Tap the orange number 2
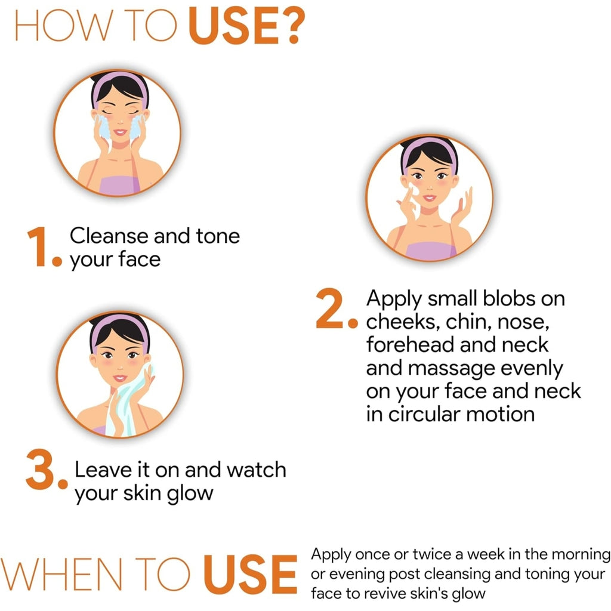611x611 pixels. pyautogui.click(x=329, y=308)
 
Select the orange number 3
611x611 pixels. pyautogui.click(x=41, y=469)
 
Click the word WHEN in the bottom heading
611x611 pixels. pyautogui.click(x=61, y=575)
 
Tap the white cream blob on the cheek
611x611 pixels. pyautogui.click(x=414, y=190)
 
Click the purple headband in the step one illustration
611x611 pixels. pyautogui.click(x=120, y=84)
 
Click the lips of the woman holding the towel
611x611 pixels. pyautogui.click(x=119, y=378)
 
